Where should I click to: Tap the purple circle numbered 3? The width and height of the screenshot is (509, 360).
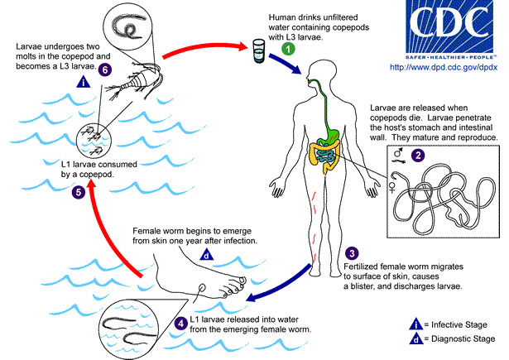(x=353, y=254)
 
